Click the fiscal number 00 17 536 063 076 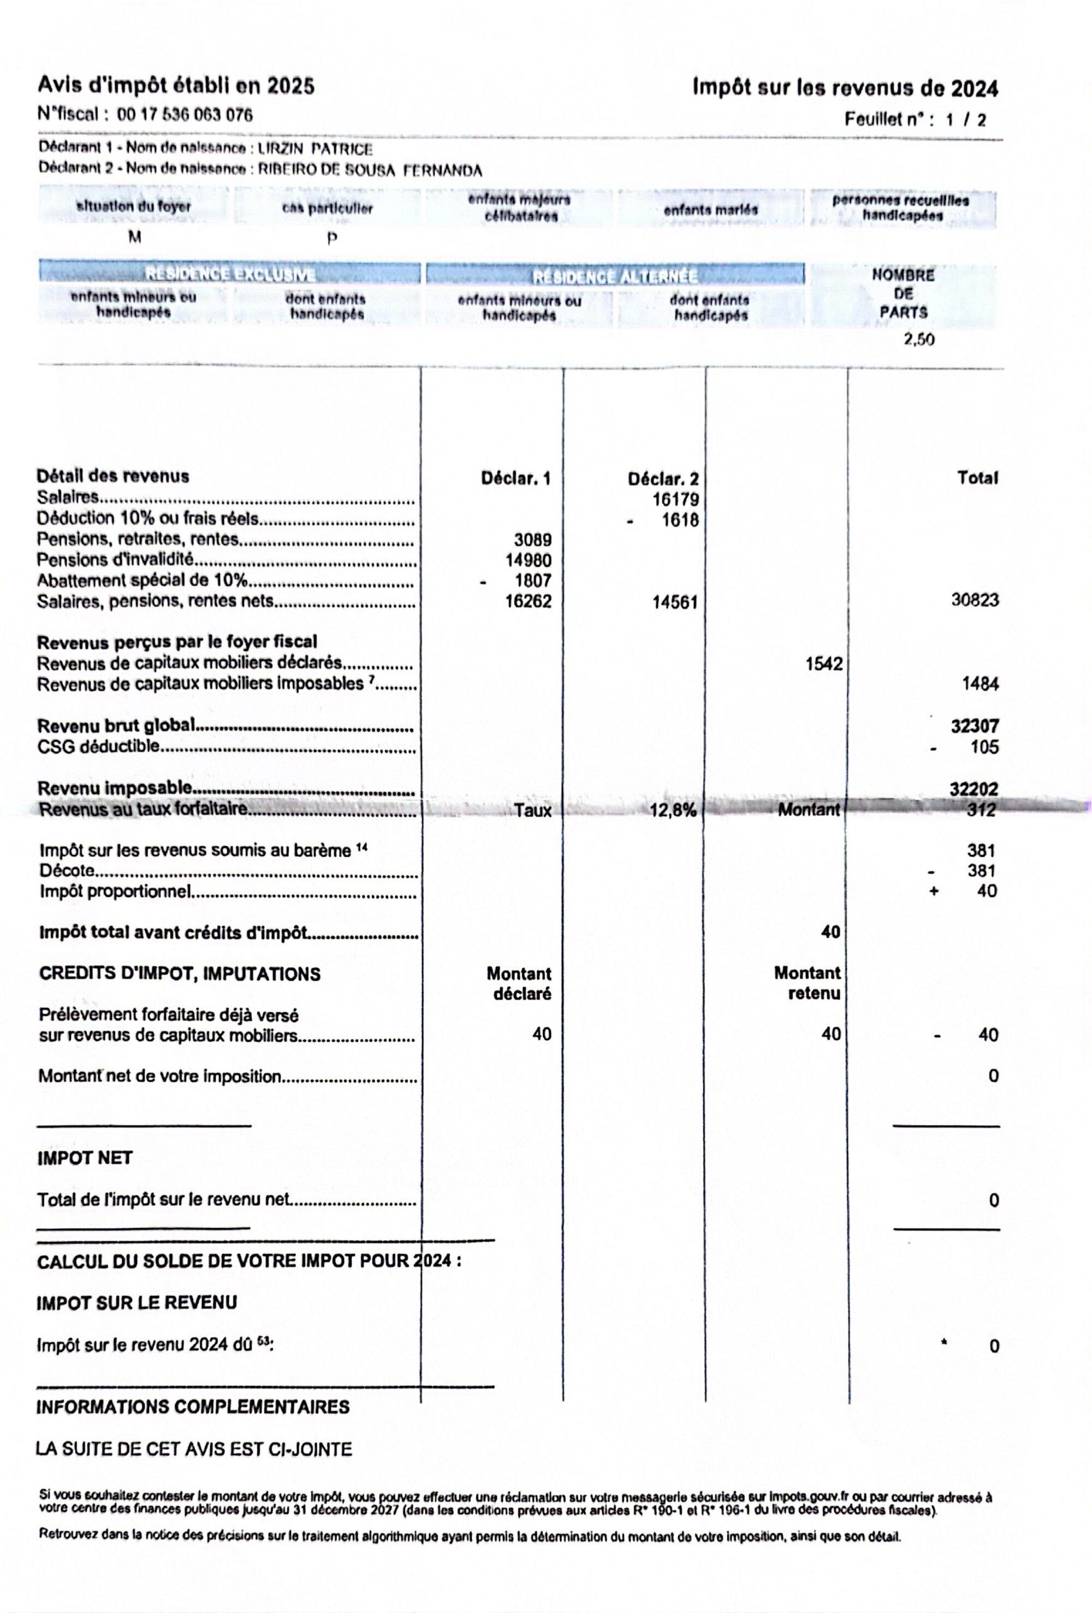pyautogui.click(x=185, y=115)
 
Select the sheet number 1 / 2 pyautogui.click(x=965, y=120)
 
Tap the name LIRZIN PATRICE pyautogui.click(x=314, y=149)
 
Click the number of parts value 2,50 pyautogui.click(x=918, y=340)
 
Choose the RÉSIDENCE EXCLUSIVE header pyautogui.click(x=230, y=274)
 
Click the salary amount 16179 pyautogui.click(x=675, y=500)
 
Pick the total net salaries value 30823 pyautogui.click(x=974, y=600)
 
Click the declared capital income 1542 pyautogui.click(x=823, y=663)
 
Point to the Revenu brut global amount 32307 pyautogui.click(x=974, y=726)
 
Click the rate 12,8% pyautogui.click(x=673, y=810)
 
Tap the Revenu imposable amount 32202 pyautogui.click(x=974, y=788)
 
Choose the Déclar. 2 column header pyautogui.click(x=663, y=479)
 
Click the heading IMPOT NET pyautogui.click(x=85, y=1158)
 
